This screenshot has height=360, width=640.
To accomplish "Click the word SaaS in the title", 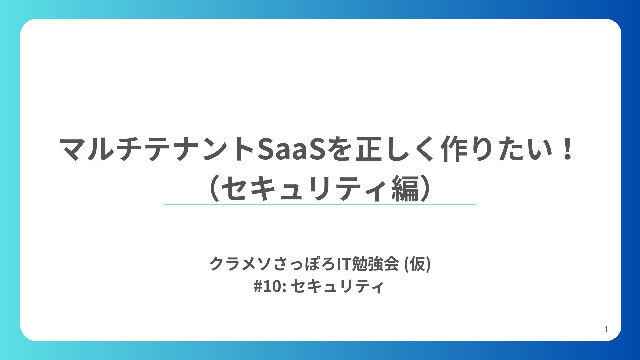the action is (291, 149).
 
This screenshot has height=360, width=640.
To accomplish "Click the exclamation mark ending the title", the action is (567, 149).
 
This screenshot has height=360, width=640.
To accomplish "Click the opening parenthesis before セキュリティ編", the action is (214, 189).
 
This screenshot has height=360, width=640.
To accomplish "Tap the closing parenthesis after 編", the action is (426, 189).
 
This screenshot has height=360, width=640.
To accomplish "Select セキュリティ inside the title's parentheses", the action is (306, 189).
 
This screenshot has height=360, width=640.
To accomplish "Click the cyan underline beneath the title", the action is (320, 205).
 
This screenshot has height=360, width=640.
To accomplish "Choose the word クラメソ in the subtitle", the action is (241, 264).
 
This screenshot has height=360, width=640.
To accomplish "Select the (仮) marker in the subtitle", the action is (417, 264).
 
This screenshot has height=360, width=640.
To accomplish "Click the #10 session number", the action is (268, 286).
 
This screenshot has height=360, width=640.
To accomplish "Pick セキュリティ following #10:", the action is (338, 286).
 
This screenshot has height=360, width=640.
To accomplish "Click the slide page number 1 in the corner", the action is (606, 329).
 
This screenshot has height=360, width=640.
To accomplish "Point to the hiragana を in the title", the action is (339, 149).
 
